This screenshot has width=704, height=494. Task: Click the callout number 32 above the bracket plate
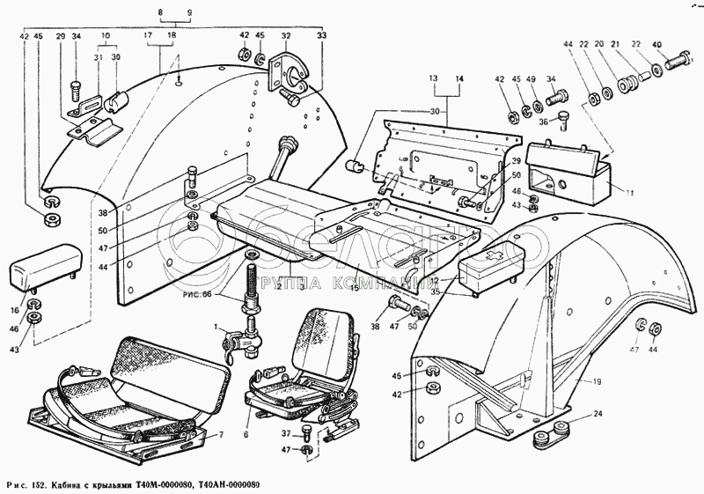pyautogui.click(x=285, y=36)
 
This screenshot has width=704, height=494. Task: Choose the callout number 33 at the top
pyautogui.click(x=320, y=36)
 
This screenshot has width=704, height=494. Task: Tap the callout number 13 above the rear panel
pyautogui.click(x=434, y=78)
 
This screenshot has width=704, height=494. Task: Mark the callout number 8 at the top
pyautogui.click(x=161, y=11)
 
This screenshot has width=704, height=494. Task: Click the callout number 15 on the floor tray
pyautogui.click(x=355, y=288)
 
